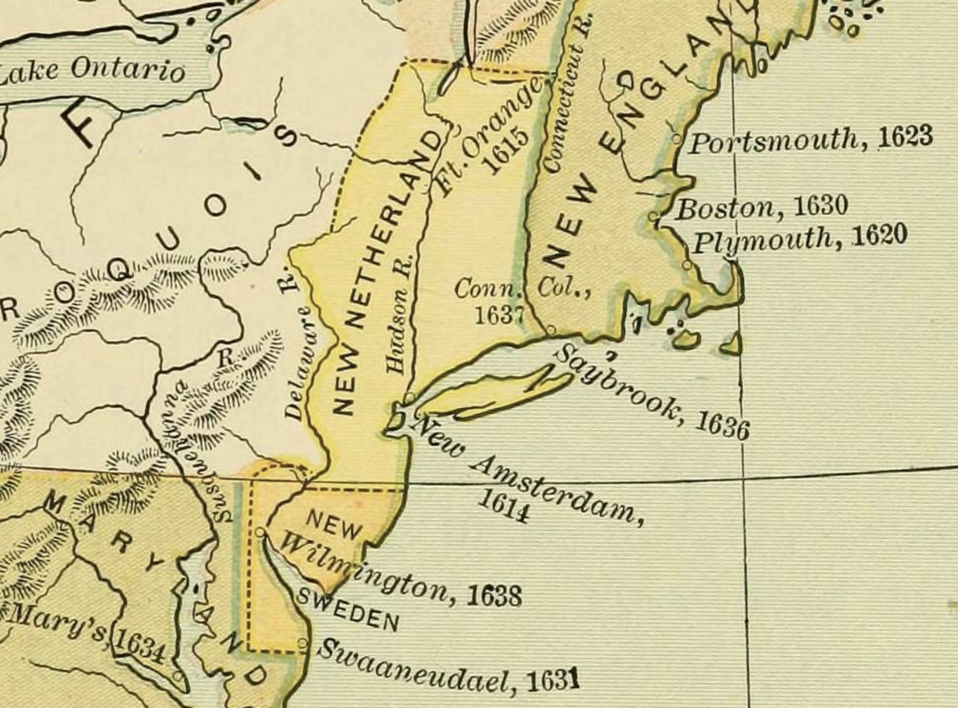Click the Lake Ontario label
[94, 70]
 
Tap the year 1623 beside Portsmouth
[905, 137]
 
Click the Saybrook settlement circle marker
[551, 330]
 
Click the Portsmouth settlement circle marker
[677, 139]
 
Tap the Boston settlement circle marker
[654, 217]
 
